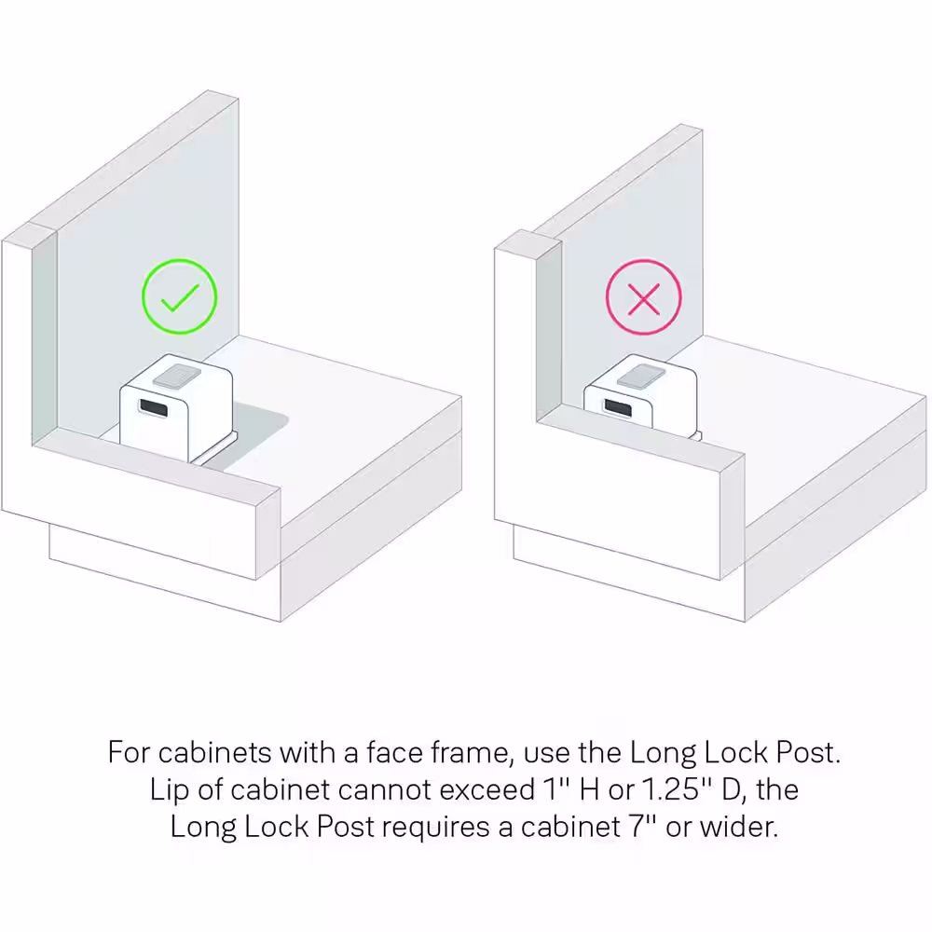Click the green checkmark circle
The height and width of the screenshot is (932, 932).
pos(180,260)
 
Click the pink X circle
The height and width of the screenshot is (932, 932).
pos(644,260)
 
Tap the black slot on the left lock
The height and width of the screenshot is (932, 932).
pos(154,408)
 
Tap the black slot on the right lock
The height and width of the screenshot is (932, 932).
pos(618,407)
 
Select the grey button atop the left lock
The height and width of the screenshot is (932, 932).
pos(176,377)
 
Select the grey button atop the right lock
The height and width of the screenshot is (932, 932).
pos(641,377)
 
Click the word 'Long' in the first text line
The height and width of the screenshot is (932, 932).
pos(663,753)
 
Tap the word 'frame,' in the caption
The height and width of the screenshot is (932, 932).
pos(472,752)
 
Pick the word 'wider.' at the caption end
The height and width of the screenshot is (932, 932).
pos(739,826)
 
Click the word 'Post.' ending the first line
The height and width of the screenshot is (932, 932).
pos(809,752)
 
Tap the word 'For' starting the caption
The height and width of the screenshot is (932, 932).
pos(129,752)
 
